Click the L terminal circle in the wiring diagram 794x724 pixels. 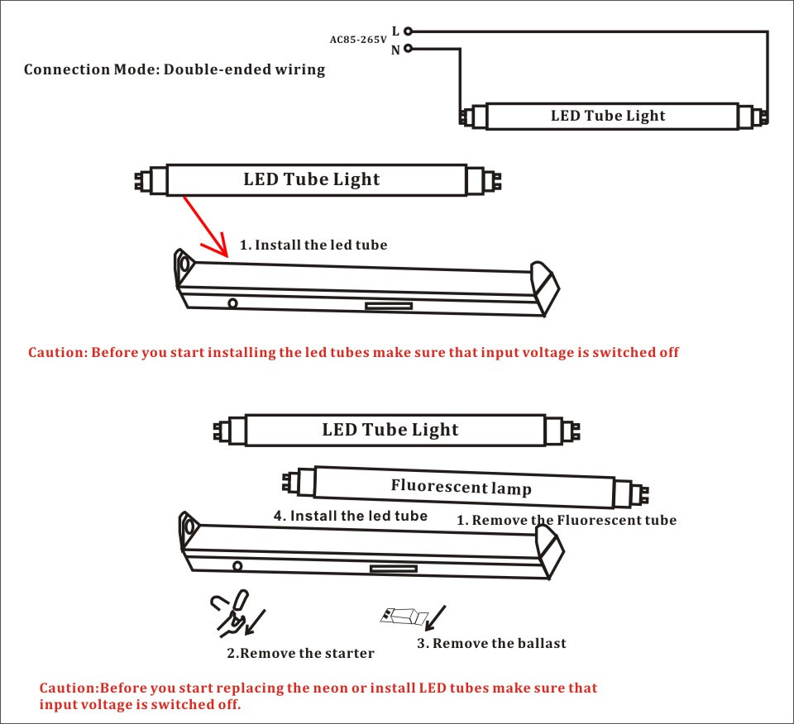[407, 31]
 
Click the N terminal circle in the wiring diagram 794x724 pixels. [407, 48]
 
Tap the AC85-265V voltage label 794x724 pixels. [358, 40]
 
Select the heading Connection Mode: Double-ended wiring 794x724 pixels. [175, 69]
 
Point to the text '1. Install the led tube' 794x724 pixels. [313, 245]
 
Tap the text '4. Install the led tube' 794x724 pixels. [351, 516]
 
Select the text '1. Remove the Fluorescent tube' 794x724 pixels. [567, 521]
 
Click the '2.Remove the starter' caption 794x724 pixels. [300, 654]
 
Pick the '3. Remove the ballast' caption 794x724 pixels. [491, 643]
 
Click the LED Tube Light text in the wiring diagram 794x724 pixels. [608, 116]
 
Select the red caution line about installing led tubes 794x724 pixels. [353, 352]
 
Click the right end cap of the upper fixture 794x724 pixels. [546, 285]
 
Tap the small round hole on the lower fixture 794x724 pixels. [237, 566]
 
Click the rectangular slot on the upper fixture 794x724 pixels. [390, 306]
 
